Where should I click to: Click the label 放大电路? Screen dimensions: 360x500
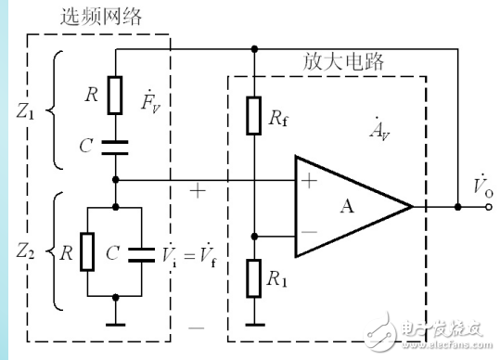(x=344, y=63)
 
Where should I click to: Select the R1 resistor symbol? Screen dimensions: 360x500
(x=252, y=277)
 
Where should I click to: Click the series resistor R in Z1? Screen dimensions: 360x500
(x=115, y=94)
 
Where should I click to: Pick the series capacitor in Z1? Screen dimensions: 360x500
(x=115, y=145)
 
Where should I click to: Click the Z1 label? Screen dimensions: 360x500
(x=28, y=116)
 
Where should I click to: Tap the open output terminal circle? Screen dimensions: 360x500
(x=487, y=206)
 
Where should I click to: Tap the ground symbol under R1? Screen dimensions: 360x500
(x=252, y=323)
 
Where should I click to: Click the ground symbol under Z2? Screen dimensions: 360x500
(x=115, y=323)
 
